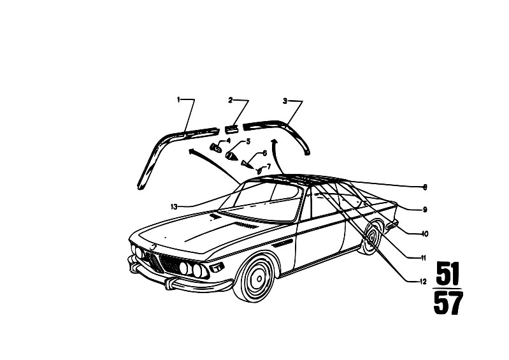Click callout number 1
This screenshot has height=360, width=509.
point(178,99)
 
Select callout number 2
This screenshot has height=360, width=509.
point(231,100)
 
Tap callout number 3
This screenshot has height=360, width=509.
point(285,101)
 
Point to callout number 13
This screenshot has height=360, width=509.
point(174,206)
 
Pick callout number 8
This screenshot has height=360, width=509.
point(425,187)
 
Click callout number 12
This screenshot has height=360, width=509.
point(423,282)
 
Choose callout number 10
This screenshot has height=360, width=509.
point(425,234)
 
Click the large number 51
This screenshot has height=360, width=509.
point(448,273)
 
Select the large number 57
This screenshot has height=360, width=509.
point(448,303)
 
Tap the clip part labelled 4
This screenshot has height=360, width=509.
point(215,148)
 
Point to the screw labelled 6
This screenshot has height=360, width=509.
point(247,163)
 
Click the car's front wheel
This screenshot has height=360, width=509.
point(257,278)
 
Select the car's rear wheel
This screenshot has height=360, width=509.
point(371,237)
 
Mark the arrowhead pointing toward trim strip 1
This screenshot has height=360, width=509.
point(192,150)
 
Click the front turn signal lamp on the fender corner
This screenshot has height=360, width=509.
point(217,267)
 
